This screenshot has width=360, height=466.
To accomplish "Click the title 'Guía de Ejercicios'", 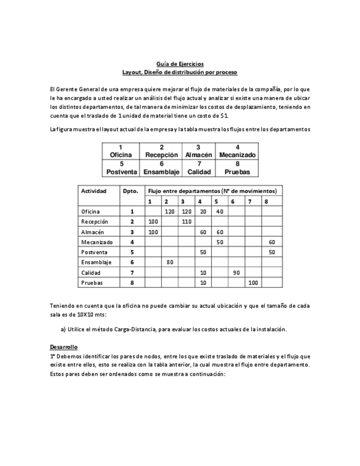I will click(180, 64).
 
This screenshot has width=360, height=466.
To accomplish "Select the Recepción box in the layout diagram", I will click(161, 151).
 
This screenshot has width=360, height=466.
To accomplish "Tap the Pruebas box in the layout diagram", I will click(237, 168).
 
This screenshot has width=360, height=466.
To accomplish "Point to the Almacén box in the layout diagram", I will click(198, 151).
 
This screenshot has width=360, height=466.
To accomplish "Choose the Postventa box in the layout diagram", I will click(121, 168).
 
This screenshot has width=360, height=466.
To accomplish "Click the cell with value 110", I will click(186, 221).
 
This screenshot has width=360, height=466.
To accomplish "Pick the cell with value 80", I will click(169, 262).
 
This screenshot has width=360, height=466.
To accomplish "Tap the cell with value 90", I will click(236, 273).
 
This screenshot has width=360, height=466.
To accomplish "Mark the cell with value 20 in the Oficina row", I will click(203, 212).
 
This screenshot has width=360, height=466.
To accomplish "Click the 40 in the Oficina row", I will click(220, 212).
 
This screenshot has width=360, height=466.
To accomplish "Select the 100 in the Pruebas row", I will click(253, 283).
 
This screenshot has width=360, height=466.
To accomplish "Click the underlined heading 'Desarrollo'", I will click(63, 347).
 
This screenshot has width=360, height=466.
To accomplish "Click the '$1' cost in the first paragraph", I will click(223, 116).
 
